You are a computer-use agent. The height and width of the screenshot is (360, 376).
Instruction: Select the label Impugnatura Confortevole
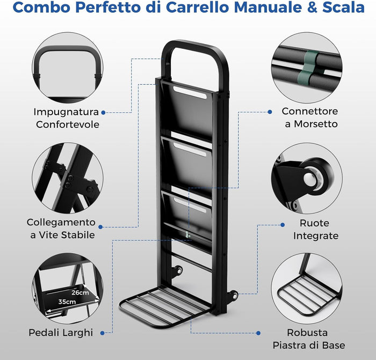(66, 118)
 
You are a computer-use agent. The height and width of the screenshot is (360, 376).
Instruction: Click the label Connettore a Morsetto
(310, 117)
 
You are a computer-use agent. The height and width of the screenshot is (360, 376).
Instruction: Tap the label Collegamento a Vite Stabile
(61, 228)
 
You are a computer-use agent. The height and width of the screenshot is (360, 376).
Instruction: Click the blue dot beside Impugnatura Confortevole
(103, 112)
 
